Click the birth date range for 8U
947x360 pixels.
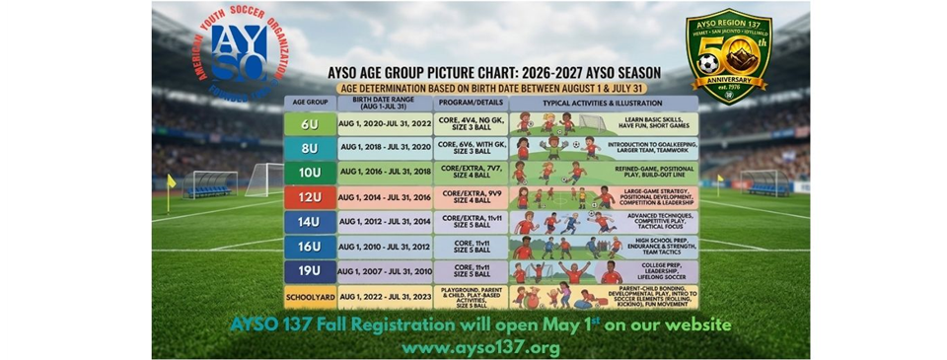click(x=386, y=148)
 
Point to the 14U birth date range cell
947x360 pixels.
click(x=386, y=222)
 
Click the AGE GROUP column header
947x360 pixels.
click(x=308, y=101)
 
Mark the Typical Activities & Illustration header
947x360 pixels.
click(x=604, y=102)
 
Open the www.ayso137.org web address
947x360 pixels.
click(x=480, y=347)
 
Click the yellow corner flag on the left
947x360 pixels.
click(x=172, y=182)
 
